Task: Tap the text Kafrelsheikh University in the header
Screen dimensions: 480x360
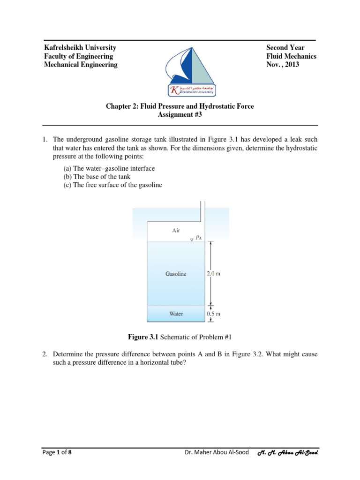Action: (80, 48)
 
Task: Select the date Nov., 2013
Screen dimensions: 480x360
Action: (282, 65)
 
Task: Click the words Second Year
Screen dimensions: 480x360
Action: (285, 48)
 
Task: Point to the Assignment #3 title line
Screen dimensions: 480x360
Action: (180, 115)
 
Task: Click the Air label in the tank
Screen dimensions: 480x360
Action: (176, 230)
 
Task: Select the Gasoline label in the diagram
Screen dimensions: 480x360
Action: (176, 274)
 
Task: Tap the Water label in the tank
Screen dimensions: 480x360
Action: (176, 314)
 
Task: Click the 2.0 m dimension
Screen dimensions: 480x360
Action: (213, 274)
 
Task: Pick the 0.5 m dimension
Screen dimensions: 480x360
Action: (213, 314)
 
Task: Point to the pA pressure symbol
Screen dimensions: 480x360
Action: (198, 238)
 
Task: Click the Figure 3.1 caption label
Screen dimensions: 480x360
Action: (144, 337)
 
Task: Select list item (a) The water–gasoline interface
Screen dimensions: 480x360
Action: (109, 168)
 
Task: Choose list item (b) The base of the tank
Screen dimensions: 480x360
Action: (97, 177)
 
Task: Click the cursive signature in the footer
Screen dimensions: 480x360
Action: (288, 453)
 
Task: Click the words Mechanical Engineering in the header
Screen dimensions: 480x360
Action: (81, 65)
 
